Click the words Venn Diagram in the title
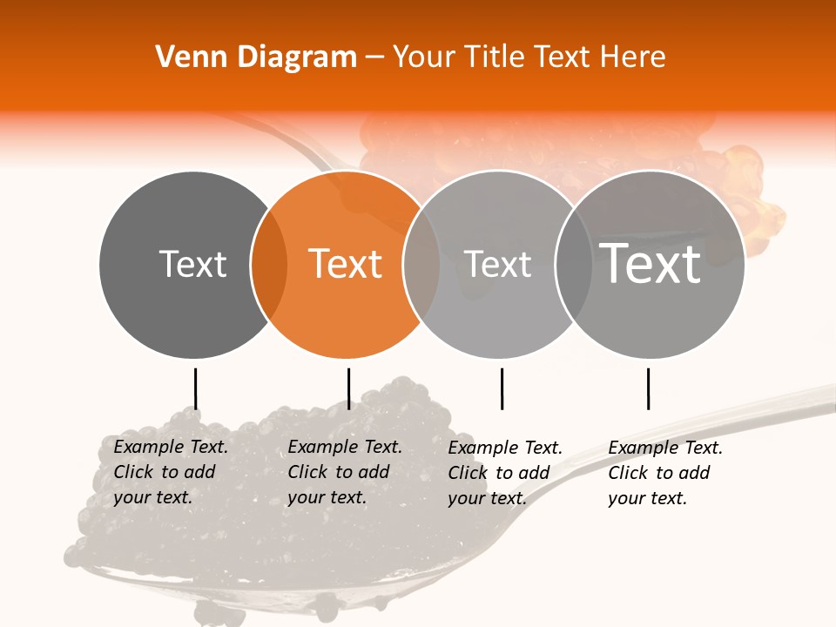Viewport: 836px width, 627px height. pyautogui.click(x=256, y=57)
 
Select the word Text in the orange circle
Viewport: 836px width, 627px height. pyautogui.click(x=346, y=264)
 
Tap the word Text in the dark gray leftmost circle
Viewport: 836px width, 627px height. pyautogui.click(x=192, y=264)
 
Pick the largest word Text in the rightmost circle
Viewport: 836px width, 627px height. pyautogui.click(x=651, y=263)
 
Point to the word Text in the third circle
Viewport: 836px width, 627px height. pyautogui.click(x=498, y=264)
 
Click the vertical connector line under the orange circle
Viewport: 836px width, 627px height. pyautogui.click(x=348, y=388)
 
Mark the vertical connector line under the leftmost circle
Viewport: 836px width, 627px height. pyautogui.click(x=195, y=388)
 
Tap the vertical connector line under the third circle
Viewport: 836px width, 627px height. pyautogui.click(x=502, y=388)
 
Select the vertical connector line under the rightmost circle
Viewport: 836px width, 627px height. pyautogui.click(x=648, y=388)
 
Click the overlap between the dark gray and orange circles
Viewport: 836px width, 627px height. pyautogui.click(x=269, y=264)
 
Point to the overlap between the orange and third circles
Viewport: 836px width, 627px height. pyautogui.click(x=421, y=264)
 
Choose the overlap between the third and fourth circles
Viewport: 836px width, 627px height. pyautogui.click(x=573, y=264)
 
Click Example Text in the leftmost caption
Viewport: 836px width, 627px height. pyautogui.click(x=171, y=448)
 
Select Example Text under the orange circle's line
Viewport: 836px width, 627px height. pyautogui.click(x=345, y=448)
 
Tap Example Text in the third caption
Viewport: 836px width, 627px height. pyautogui.click(x=505, y=448)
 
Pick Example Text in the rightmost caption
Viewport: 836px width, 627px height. pyautogui.click(x=665, y=448)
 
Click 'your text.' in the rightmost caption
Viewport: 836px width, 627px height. pyautogui.click(x=647, y=499)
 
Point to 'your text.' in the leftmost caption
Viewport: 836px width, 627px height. pyautogui.click(x=152, y=498)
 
